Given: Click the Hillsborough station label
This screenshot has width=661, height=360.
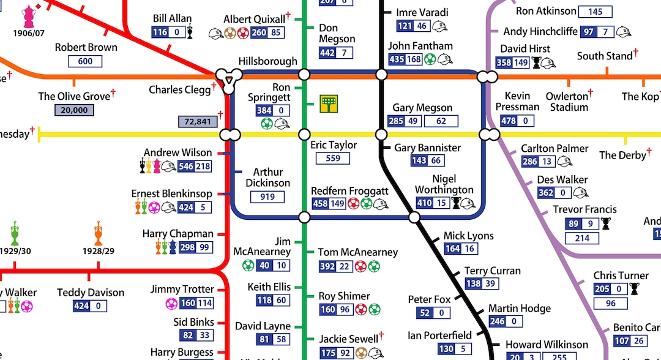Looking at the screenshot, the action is [x=267, y=61].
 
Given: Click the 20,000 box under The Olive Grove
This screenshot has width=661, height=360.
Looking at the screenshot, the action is [x=74, y=110].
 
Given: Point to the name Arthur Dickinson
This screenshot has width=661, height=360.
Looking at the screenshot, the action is [x=268, y=178].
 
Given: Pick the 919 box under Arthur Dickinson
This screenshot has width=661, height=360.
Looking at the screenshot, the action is [x=267, y=197].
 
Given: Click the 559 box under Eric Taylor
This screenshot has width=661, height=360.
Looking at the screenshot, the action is [x=333, y=159].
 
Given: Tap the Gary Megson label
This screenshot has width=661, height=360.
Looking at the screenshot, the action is [x=422, y=108].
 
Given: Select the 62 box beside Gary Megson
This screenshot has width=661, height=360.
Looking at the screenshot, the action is [x=441, y=121].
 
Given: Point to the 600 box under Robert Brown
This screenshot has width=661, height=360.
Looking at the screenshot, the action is [x=85, y=61].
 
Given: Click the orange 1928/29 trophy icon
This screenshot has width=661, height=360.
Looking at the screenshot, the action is [x=99, y=233].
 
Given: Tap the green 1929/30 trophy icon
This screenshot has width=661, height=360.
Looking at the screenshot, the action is [x=15, y=233].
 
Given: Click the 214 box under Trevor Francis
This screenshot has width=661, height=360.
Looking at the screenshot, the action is [x=582, y=238].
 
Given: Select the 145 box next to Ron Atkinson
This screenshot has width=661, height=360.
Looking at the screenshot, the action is [x=595, y=12].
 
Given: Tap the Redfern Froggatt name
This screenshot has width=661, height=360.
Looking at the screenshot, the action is [x=349, y=191].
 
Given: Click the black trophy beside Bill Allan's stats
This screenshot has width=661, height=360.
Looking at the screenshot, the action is [x=191, y=32].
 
